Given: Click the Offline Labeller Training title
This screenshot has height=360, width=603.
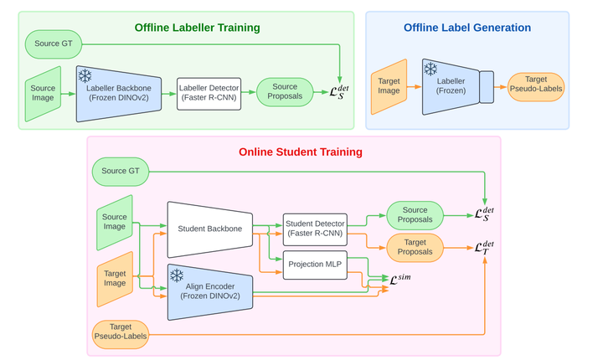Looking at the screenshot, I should pyautogui.click(x=198, y=28).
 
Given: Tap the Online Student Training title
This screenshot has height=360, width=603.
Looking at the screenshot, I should pyautogui.click(x=301, y=152).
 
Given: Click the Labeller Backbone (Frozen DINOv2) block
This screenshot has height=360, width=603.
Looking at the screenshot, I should pyautogui.click(x=121, y=93).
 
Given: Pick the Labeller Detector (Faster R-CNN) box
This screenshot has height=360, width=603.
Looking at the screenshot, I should pyautogui.click(x=209, y=92).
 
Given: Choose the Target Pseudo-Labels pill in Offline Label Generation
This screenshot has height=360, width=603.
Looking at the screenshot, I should pyautogui.click(x=536, y=86).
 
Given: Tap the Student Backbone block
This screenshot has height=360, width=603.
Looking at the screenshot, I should pyautogui.click(x=209, y=229).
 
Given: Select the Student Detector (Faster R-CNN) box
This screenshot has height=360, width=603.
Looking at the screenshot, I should pyautogui.click(x=314, y=229).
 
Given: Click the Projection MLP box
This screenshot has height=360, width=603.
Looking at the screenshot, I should pyautogui.click(x=314, y=265).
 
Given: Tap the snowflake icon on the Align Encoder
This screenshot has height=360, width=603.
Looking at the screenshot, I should pyautogui.click(x=178, y=276).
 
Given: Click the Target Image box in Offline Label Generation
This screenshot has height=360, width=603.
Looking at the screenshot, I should pyautogui.click(x=389, y=86).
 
